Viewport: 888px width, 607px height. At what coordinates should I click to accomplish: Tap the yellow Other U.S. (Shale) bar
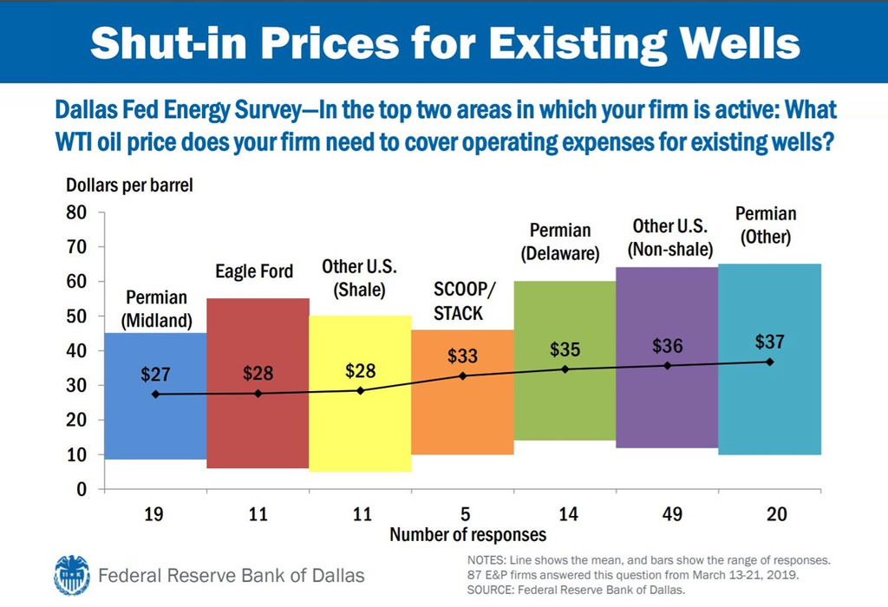pos(360,434)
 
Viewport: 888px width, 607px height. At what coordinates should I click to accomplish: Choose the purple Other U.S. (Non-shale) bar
pos(667,408)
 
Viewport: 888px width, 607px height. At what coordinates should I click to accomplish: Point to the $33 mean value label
pos(462,356)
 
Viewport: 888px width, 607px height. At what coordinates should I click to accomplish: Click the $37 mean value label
pos(770,342)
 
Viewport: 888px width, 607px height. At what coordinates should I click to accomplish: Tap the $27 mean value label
pos(155,375)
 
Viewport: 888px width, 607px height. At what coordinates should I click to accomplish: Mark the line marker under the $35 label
pos(565,369)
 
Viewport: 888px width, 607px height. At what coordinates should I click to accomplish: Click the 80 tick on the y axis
pos(77,212)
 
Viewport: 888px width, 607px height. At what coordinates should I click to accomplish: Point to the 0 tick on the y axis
pos(82,489)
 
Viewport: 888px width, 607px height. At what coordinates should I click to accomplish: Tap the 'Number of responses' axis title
pos(467,534)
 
